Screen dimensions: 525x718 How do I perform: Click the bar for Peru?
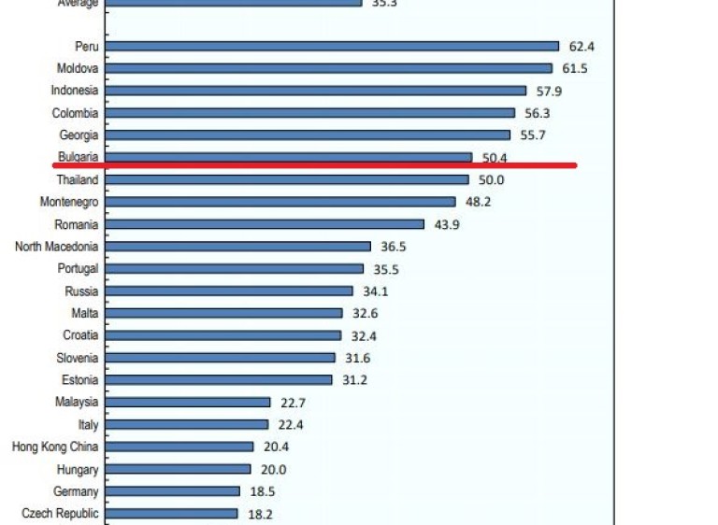click(332, 46)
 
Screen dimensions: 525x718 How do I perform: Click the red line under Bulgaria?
click(314, 165)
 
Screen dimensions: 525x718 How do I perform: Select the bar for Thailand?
click(287, 179)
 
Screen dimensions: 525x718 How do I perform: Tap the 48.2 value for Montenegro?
click(480, 202)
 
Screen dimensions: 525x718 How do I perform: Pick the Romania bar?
click(265, 224)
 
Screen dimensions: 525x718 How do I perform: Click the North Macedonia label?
click(56, 247)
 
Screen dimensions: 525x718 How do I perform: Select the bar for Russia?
click(229, 291)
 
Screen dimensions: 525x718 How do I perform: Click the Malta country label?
click(84, 314)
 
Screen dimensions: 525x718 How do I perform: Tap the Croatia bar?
click(223, 335)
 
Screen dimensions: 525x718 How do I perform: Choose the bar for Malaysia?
click(188, 403)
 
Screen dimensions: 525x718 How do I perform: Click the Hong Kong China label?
click(55, 447)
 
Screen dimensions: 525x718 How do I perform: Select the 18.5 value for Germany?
click(265, 491)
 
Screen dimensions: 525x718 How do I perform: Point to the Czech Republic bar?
click(172, 513)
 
